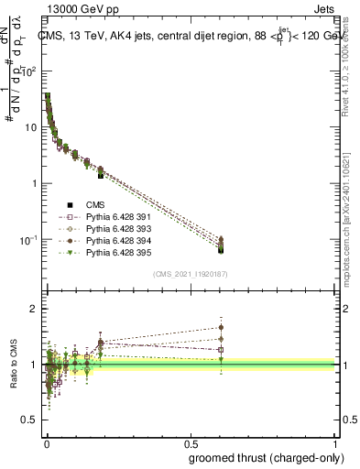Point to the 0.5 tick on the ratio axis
pos(32,422)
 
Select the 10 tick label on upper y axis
pos(30,127)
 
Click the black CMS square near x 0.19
pos(101,174)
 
